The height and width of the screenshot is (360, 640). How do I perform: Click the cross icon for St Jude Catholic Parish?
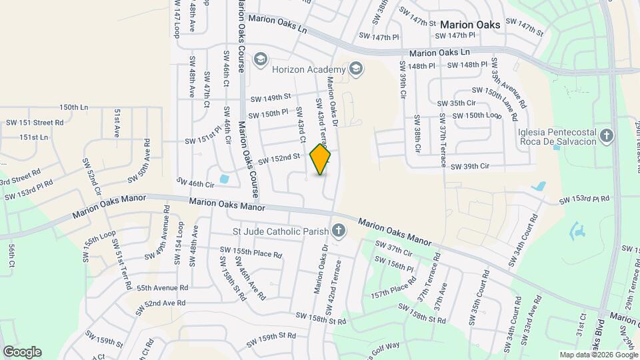click(x=339, y=232)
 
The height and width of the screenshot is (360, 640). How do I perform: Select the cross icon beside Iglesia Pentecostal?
click(x=606, y=136)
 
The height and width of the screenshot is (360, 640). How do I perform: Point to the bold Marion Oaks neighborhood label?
click(x=470, y=24)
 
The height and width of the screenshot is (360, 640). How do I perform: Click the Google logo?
click(x=22, y=351)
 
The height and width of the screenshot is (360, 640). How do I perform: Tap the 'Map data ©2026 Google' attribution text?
click(x=598, y=355)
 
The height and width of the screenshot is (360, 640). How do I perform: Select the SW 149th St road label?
click(x=271, y=98)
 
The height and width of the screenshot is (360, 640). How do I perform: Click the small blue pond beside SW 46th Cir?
click(x=223, y=179)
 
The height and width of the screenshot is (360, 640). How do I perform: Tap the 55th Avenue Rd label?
click(x=162, y=288)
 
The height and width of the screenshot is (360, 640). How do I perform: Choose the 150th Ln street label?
click(x=73, y=107)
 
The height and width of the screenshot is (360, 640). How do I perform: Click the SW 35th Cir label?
click(x=457, y=103)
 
